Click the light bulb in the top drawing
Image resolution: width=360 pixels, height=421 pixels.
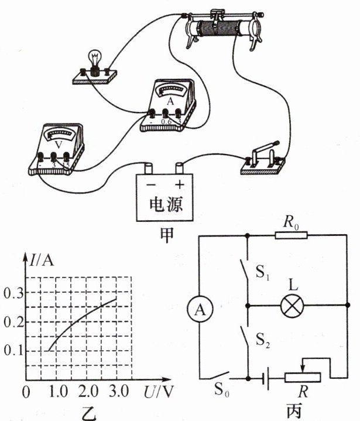94,61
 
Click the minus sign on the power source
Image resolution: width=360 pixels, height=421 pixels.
151,184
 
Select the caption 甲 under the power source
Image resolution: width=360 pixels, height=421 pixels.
166,233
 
